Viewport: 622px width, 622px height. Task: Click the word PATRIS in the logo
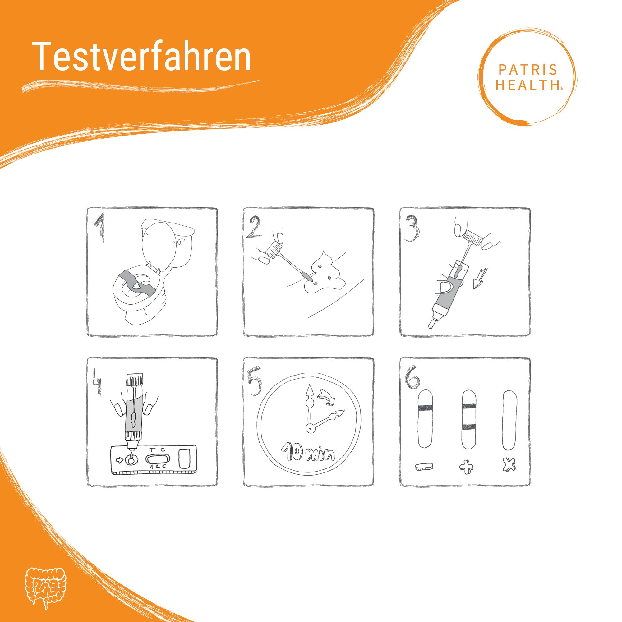(528, 69)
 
